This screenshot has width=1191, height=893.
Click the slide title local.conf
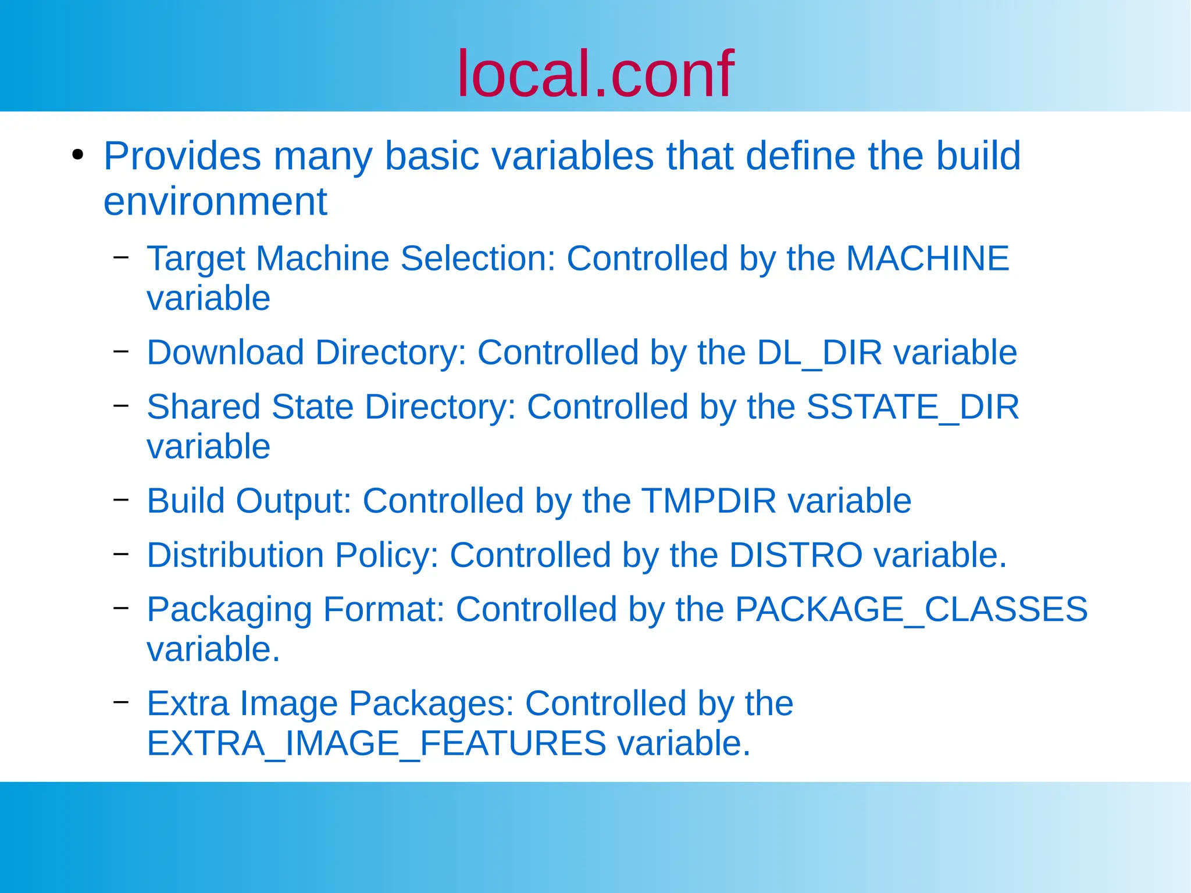[595, 74]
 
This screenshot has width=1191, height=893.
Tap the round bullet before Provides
[77, 155]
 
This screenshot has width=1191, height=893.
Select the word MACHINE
[927, 258]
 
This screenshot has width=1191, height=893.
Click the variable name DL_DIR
[819, 353]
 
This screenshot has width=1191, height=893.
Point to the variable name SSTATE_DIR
[912, 407]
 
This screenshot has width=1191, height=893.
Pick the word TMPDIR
[709, 501]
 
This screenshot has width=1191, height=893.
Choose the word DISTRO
[795, 555]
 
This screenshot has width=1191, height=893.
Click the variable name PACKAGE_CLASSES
[911, 610]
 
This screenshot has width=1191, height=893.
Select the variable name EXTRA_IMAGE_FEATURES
[376, 744]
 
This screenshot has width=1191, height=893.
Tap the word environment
[215, 202]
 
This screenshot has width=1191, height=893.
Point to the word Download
[225, 353]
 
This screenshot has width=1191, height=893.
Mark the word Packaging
[229, 610]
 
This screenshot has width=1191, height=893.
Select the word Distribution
[235, 555]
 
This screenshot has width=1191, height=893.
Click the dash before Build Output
[121, 499]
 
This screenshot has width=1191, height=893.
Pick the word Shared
[203, 407]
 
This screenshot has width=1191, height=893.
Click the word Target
[195, 259]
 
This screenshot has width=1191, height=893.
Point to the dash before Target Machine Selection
[121, 256]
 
